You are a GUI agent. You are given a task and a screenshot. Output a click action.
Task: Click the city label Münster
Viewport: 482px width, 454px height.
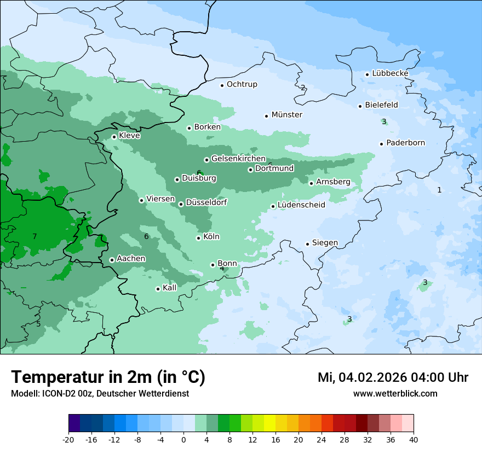point(286,115)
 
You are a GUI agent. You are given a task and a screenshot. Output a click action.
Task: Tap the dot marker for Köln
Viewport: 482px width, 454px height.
point(198,237)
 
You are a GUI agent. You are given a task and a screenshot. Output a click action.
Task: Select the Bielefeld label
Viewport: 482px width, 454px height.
point(381,105)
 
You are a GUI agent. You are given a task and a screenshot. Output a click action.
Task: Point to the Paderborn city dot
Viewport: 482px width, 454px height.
point(381,144)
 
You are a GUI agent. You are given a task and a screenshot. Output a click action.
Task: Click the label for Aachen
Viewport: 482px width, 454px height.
point(131,259)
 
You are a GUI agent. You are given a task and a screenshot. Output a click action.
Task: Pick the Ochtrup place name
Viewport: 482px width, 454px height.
point(242,84)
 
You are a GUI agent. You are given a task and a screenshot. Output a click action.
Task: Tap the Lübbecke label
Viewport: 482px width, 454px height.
point(390,73)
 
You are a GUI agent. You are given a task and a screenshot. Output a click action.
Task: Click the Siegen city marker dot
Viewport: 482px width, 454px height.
point(308,244)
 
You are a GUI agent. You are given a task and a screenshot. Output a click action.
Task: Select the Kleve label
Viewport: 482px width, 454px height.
point(129,136)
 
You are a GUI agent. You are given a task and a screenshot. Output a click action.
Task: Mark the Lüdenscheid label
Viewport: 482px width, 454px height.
point(301,205)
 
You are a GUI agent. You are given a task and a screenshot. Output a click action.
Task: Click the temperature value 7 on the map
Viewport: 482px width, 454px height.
point(35,236)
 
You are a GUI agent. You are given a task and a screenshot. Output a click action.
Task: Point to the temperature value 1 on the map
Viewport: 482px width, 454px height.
point(439,190)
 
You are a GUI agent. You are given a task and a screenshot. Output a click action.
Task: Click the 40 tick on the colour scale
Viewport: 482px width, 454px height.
point(413,439)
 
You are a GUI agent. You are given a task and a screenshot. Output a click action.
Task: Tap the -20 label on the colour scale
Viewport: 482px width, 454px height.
point(68,439)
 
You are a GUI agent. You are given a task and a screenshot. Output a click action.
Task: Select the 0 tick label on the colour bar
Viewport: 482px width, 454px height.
point(183,439)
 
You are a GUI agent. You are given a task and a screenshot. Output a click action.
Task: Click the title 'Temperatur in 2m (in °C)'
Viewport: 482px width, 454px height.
point(108,377)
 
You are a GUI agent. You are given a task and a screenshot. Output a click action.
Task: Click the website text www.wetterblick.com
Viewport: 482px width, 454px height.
point(395,393)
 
